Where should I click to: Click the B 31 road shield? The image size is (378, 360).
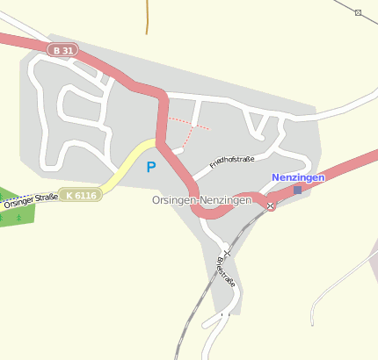(63, 51)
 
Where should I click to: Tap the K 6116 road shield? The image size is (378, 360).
(82, 194)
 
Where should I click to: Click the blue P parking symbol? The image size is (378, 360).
(151, 167)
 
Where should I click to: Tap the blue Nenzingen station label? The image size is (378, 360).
(298, 177)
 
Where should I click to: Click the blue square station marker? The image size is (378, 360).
(297, 190)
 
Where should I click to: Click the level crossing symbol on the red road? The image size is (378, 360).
(271, 205)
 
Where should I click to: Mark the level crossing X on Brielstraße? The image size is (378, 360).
(227, 253)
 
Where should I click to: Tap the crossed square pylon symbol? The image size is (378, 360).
(358, 12)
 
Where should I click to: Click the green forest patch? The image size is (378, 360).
(16, 209)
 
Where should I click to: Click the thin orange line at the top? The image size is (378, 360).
(147, 18)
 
